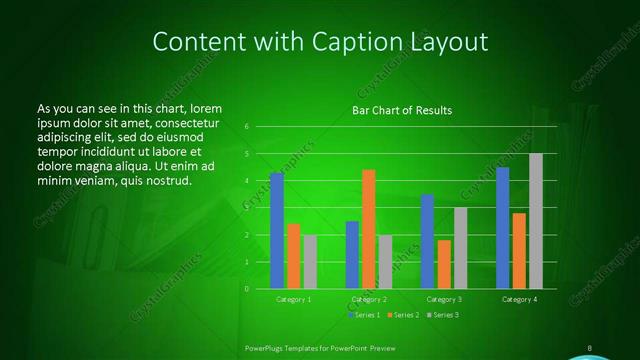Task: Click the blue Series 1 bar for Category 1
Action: (277, 231)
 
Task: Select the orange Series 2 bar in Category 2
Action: (368, 229)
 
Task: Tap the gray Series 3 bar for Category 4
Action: (536, 221)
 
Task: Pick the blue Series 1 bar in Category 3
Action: (427, 241)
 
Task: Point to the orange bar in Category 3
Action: (444, 264)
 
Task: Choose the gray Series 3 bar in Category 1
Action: (310, 262)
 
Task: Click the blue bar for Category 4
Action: (502, 228)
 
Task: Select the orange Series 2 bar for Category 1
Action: (293, 256)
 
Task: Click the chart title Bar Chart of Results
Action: (402, 110)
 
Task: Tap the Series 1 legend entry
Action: (364, 315)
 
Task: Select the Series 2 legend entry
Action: (402, 315)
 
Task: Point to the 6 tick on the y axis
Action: (246, 127)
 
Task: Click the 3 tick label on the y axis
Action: (246, 208)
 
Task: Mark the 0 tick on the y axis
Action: (246, 289)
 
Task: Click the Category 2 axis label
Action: (369, 299)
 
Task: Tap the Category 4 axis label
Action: (519, 299)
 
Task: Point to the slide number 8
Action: (590, 348)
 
